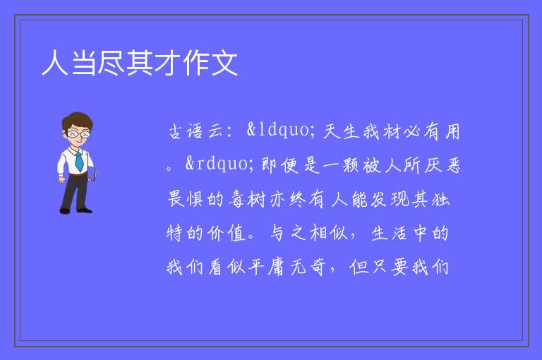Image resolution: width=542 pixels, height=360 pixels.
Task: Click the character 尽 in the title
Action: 112,63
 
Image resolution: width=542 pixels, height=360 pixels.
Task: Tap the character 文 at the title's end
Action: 224,63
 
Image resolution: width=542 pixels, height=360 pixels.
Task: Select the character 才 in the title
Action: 168,63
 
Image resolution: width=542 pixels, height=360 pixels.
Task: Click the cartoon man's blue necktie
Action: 79,161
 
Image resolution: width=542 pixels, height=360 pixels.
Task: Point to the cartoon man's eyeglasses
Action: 78,133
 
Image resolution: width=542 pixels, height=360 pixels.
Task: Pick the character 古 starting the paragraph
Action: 176,132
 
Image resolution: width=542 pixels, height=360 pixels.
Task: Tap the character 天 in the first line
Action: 331,132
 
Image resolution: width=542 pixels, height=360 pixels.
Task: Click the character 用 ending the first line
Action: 452,132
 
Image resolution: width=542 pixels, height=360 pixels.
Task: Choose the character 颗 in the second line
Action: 351,165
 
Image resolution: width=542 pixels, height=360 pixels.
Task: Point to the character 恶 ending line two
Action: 453,165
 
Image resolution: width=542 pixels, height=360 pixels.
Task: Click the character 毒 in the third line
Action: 237,200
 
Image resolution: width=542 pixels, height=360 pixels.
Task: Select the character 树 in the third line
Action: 257,200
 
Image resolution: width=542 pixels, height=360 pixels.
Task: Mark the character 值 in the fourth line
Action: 237,233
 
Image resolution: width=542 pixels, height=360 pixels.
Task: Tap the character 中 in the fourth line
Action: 420,233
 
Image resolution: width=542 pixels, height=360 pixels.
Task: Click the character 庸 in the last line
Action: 277,268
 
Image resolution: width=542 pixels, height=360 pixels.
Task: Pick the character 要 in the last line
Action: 400,268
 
